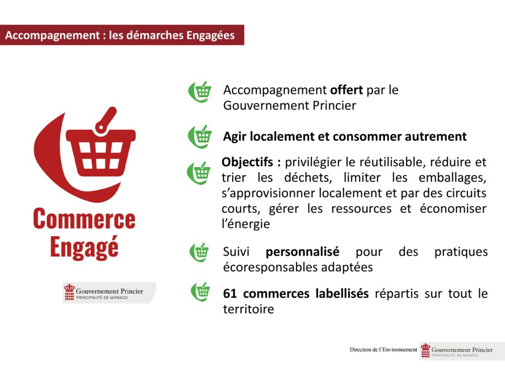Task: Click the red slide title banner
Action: [x=122, y=35]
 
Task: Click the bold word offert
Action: [x=347, y=90]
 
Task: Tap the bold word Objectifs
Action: [x=248, y=162]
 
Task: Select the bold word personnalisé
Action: [x=302, y=252]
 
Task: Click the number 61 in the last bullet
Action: [x=230, y=294]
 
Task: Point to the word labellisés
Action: [x=342, y=294]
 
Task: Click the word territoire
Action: [x=249, y=309]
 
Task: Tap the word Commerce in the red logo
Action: [x=84, y=219]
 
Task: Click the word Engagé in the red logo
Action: [x=84, y=248]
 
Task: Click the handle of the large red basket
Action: [x=106, y=119]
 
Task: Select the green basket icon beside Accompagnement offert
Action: [x=200, y=92]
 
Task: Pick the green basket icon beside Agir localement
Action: [x=200, y=137]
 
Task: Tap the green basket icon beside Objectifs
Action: [x=199, y=173]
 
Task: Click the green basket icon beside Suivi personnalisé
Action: [x=199, y=252]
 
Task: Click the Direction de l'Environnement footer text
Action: [x=383, y=350]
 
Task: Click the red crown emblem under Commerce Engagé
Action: [x=69, y=292]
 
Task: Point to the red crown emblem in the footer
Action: [x=426, y=350]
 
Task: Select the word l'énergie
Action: [x=246, y=224]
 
